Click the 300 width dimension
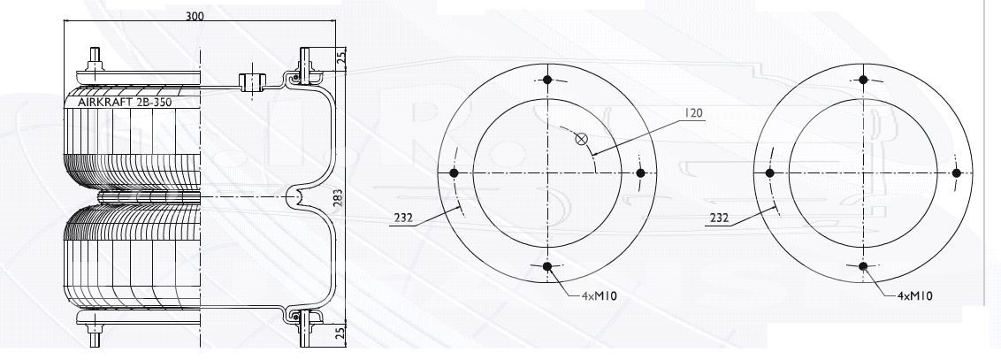point(195,16)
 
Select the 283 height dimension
point(339,197)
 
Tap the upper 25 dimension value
point(341,58)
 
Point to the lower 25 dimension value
point(341,332)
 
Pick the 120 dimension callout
point(693,113)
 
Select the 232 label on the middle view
point(403,218)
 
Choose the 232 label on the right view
point(719,218)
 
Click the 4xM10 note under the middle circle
point(599,296)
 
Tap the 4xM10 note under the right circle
point(915,296)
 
